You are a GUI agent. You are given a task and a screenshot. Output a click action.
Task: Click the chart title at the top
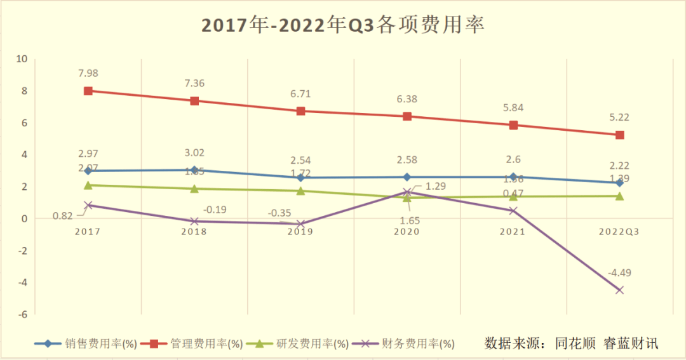(343, 25)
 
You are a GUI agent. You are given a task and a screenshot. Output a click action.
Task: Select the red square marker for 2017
(88, 91)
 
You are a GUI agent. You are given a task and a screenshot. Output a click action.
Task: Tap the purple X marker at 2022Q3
(619, 290)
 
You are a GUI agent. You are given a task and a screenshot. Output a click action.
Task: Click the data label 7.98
(88, 74)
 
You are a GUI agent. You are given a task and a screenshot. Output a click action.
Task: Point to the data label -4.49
(619, 273)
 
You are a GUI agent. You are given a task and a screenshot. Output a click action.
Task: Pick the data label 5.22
(619, 118)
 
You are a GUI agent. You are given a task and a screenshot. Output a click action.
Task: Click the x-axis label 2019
(300, 232)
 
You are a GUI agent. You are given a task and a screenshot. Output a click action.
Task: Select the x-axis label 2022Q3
(619, 232)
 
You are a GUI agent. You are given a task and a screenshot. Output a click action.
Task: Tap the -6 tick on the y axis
(22, 314)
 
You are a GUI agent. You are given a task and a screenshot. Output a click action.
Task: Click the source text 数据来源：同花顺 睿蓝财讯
(571, 343)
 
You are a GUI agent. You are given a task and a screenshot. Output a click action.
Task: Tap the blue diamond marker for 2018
(194, 170)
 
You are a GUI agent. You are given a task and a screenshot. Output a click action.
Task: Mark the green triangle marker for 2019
(300, 190)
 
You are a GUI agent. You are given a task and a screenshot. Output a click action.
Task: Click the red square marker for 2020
(407, 116)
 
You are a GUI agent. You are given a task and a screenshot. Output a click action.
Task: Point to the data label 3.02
(194, 152)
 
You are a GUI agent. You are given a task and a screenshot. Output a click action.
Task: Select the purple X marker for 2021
(513, 211)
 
